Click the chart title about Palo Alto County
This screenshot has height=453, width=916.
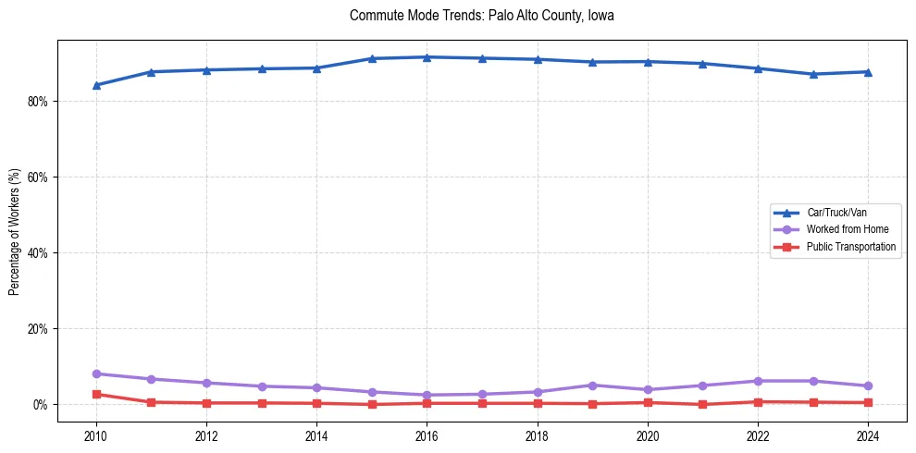[482, 16]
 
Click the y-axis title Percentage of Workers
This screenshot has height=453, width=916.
[14, 231]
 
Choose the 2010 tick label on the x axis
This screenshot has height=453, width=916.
[96, 435]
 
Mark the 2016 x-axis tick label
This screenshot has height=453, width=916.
[427, 435]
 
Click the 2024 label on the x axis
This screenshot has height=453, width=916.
[868, 435]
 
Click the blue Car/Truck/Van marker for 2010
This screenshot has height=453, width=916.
[96, 85]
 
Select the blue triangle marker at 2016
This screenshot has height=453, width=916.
[427, 57]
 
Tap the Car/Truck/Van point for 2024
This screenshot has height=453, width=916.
[868, 72]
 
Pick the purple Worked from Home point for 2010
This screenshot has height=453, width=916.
[96, 373]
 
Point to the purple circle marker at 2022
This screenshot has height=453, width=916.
[758, 381]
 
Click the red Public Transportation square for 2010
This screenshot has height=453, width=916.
[96, 394]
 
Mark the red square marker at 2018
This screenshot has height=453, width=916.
[537, 403]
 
